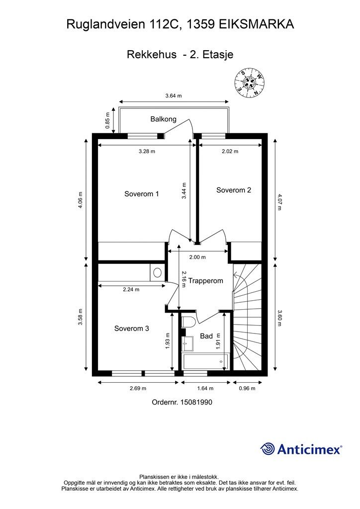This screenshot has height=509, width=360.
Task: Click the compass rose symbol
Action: [x=249, y=83]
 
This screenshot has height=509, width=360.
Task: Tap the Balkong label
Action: [x=163, y=119]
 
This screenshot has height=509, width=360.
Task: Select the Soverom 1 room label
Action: [x=142, y=194]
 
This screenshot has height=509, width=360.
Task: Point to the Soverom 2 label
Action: [x=234, y=190]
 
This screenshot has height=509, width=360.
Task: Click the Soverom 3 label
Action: [x=131, y=328]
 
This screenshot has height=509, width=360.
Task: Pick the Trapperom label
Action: [x=206, y=281]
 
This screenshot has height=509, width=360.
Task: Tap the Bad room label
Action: [x=206, y=336]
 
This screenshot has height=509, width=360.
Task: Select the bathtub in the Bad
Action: [x=205, y=362]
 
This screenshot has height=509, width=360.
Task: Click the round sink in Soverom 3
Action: [x=158, y=272]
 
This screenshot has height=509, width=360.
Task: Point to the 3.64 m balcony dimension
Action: [x=174, y=95]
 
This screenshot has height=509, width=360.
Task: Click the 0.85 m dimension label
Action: [x=108, y=120]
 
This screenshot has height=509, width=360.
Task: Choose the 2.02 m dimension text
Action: [x=230, y=151]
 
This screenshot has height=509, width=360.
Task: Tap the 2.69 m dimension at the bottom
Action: [x=138, y=388]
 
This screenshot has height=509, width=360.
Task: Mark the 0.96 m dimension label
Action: [x=247, y=388]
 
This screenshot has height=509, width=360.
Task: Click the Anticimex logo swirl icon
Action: [x=268, y=449]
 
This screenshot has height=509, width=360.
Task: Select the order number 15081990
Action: [x=196, y=402]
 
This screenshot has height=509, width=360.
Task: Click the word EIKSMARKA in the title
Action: [x=257, y=24]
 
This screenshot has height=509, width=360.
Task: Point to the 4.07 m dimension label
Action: [x=279, y=202]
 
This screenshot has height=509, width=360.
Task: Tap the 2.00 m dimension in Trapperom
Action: [x=197, y=257]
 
